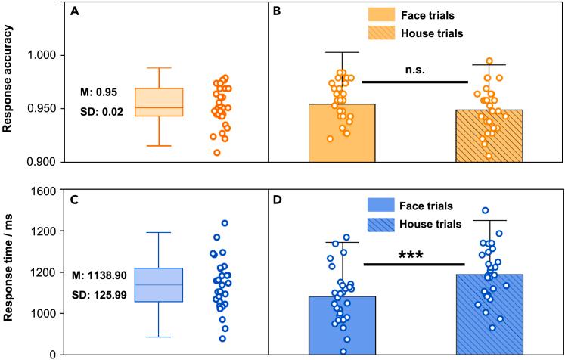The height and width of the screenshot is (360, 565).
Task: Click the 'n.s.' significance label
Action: tap(414, 70)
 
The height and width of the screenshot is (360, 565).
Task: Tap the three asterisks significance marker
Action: tap(413, 255)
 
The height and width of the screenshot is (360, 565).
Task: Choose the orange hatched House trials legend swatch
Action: tap(384, 33)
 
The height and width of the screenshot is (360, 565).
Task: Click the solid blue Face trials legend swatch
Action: tap(383, 206)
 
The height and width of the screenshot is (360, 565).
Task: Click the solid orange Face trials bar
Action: tap(342, 132)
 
